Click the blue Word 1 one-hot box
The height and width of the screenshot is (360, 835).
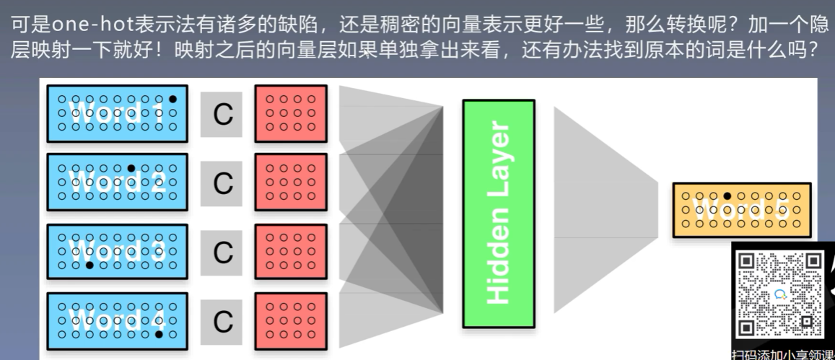[117, 112]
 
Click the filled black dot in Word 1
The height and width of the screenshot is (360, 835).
[172, 98]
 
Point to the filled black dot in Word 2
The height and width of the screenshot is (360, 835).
[131, 168]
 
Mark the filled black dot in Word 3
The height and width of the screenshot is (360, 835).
[89, 265]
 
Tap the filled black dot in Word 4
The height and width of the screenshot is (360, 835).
[158, 334]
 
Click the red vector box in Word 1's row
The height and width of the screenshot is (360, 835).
[291, 113]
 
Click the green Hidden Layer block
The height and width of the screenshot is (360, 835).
[499, 214]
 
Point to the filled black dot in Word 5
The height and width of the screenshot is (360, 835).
[727, 196]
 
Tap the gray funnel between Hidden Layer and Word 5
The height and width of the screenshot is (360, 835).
[606, 209]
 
